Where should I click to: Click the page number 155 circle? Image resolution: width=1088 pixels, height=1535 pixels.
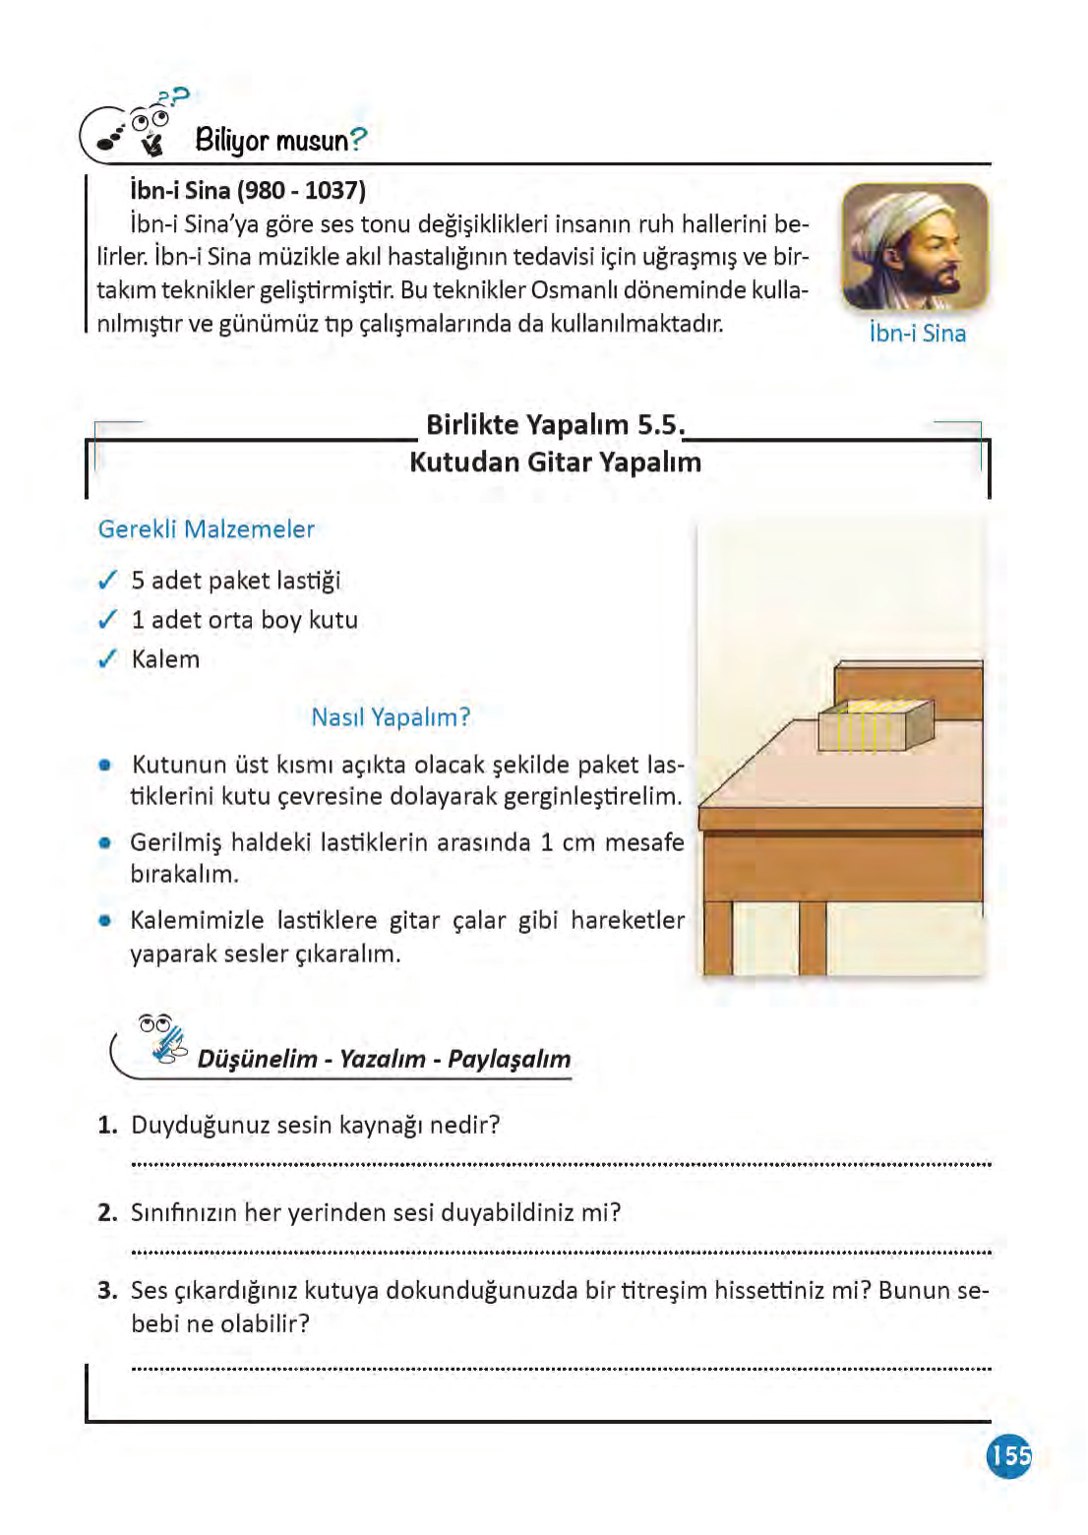[x=1008, y=1454]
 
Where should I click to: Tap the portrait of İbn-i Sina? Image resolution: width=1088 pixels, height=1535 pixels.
[x=914, y=248]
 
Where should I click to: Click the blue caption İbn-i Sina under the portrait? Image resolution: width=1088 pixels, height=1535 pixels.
[x=917, y=334]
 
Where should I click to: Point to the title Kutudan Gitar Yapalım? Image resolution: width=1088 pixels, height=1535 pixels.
[x=555, y=461]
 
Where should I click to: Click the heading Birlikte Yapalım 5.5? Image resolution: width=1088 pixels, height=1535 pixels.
[x=553, y=424]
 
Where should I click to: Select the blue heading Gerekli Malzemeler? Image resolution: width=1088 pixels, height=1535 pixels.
[x=207, y=528]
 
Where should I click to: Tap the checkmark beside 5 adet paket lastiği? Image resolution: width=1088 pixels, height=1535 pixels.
[x=108, y=581]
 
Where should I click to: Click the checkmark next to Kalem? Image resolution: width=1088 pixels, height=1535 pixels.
[x=108, y=659]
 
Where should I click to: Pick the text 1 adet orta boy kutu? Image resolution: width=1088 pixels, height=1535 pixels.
[x=245, y=620]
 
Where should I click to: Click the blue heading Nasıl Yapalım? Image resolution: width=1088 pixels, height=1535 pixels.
[x=391, y=717]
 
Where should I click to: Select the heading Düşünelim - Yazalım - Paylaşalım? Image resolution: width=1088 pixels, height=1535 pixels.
[x=384, y=1059]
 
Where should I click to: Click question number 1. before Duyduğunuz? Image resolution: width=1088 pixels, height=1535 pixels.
[x=108, y=1125]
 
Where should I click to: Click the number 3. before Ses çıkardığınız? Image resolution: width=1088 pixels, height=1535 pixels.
[x=108, y=1290]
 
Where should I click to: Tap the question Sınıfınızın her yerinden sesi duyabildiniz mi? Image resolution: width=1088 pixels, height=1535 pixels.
[x=376, y=1212]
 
